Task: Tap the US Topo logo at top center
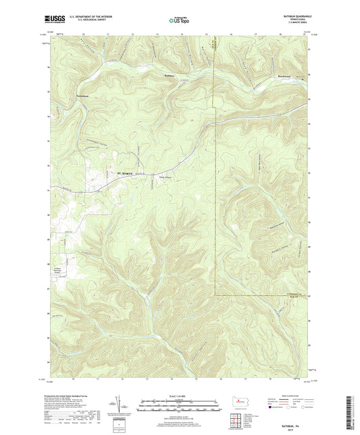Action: (178, 21)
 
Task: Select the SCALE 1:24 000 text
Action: (179, 395)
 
